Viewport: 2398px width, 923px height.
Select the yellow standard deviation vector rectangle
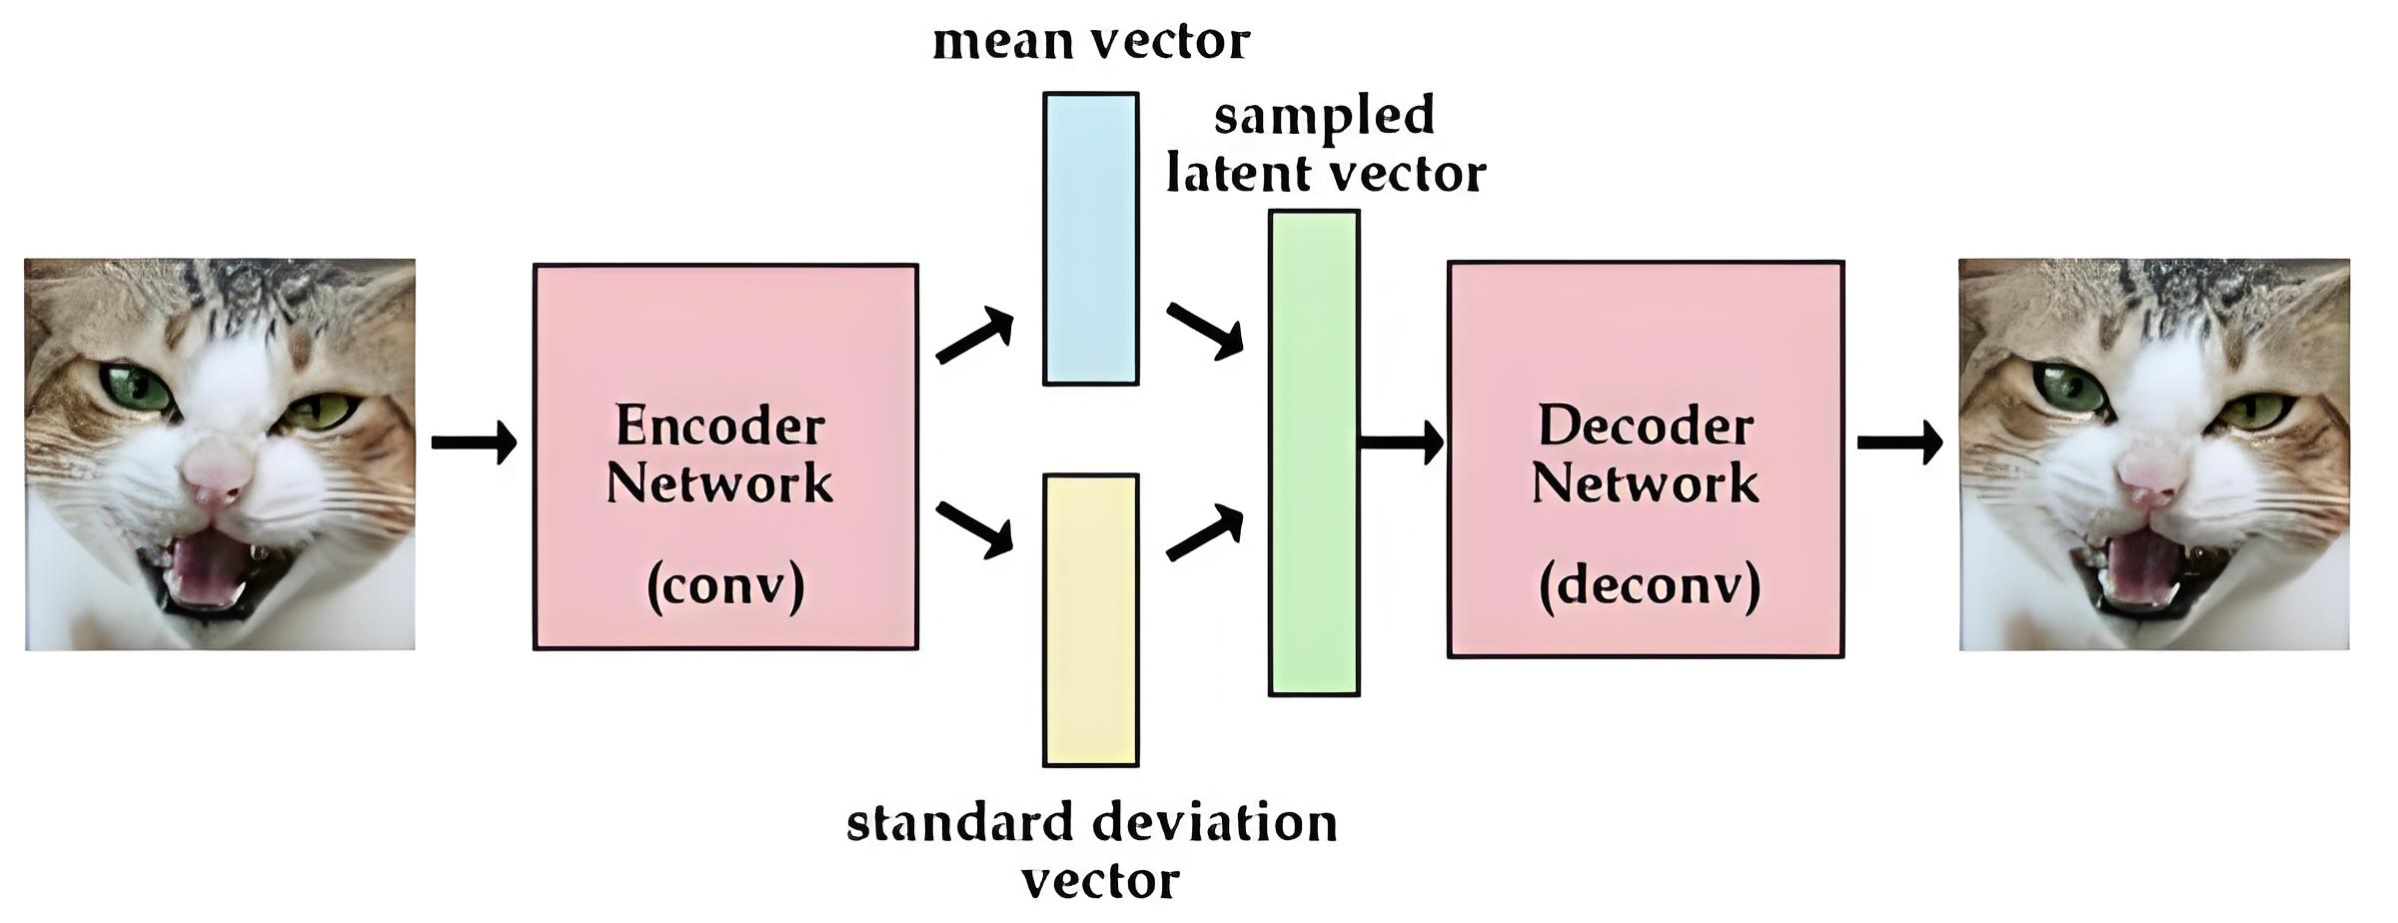pyautogui.click(x=1090, y=619)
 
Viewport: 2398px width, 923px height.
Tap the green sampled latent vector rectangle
pyautogui.click(x=1313, y=452)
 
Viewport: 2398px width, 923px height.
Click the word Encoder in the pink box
pyautogui.click(x=719, y=427)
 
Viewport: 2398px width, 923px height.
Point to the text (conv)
pyautogui.click(x=725, y=586)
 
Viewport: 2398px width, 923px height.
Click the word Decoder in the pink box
pyautogui.click(x=1645, y=427)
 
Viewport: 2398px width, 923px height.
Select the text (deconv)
pyautogui.click(x=1650, y=586)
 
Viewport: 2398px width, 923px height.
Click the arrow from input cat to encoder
pyautogui.click(x=474, y=442)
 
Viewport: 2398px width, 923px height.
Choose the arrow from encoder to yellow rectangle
pyautogui.click(x=975, y=529)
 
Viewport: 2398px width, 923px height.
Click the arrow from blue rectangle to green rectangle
pyautogui.click(x=1205, y=330)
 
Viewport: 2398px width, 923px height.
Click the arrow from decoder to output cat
pyautogui.click(x=1899, y=442)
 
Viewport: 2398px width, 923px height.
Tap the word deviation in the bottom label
pyautogui.click(x=1214, y=824)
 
